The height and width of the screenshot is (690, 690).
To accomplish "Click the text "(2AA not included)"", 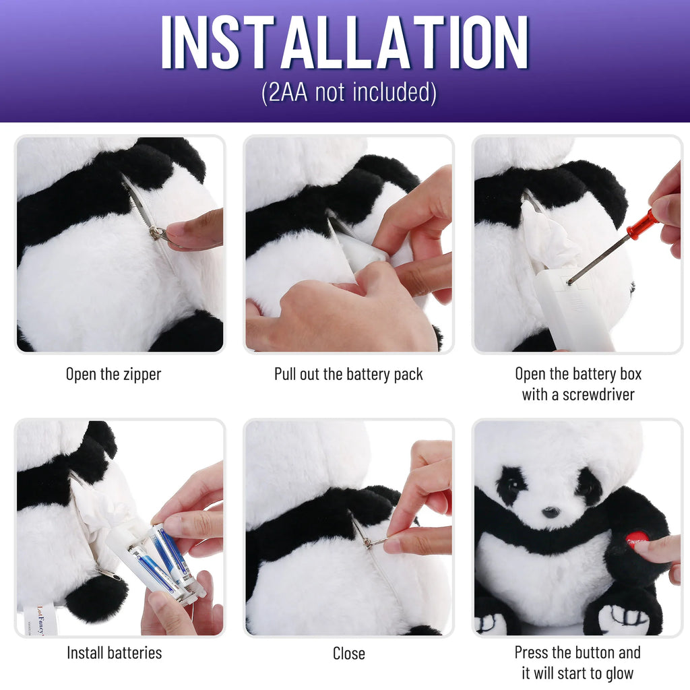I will tap(348, 92).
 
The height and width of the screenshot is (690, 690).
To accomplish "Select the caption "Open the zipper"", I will tap(113, 374).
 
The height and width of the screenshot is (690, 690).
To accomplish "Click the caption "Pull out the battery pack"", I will tap(348, 374).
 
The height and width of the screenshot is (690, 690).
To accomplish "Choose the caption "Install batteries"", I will tap(114, 652).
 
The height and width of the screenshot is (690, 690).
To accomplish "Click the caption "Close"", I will tap(348, 653).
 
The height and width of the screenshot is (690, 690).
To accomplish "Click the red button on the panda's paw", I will tap(636, 539).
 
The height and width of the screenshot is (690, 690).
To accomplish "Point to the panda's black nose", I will tap(551, 512).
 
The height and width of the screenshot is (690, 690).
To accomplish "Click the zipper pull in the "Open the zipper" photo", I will tap(159, 233).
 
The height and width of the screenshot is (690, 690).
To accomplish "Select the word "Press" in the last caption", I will tap(534, 652).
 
